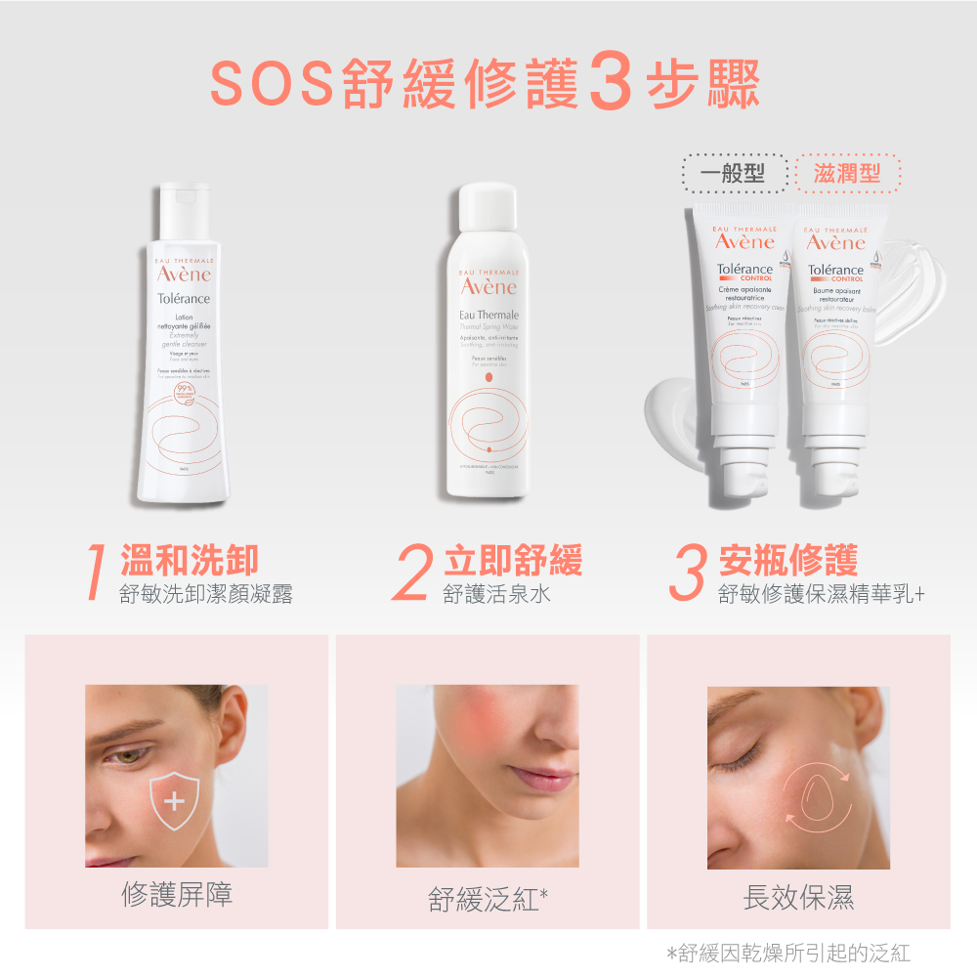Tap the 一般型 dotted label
click(736, 174)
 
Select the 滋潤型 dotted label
click(847, 174)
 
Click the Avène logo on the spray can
click(488, 286)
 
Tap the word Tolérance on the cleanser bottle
click(185, 298)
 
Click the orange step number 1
click(95, 573)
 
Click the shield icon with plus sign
click(174, 803)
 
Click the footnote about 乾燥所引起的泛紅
click(787, 953)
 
